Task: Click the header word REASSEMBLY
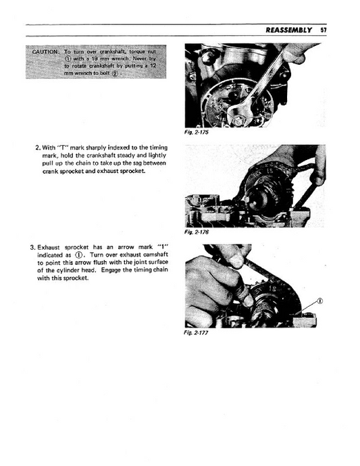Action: point(288,30)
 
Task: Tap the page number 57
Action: point(324,30)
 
